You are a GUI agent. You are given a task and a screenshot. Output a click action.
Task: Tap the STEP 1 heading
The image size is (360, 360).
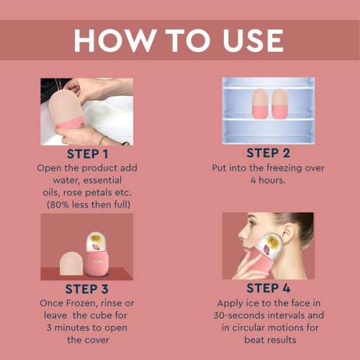pyautogui.click(x=89, y=154)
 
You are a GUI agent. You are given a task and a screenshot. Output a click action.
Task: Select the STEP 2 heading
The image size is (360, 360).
pyautogui.click(x=268, y=153)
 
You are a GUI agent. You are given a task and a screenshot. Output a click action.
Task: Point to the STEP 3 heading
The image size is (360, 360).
pyautogui.click(x=89, y=288)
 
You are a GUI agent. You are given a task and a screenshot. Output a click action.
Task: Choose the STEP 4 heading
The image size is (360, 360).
pyautogui.click(x=268, y=288)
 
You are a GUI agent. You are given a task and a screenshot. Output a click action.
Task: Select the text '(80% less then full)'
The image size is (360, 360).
pyautogui.click(x=89, y=204)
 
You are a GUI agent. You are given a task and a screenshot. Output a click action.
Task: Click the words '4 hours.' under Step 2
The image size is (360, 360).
pyautogui.click(x=268, y=180)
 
